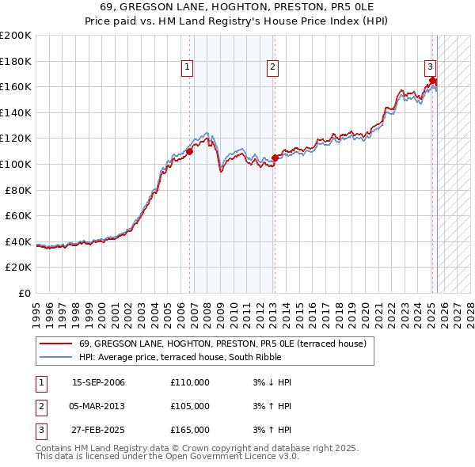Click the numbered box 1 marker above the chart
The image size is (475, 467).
coord(188,67)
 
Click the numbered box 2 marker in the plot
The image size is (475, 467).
coord(272,67)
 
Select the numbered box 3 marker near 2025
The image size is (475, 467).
coord(429,67)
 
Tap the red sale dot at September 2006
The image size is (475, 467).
coord(190,150)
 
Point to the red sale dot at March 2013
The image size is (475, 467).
coord(275,158)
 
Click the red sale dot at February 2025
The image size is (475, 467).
coord(432,80)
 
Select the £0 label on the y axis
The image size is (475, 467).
coord(25,293)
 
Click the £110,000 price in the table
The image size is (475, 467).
coord(190,382)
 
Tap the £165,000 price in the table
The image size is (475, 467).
coord(190,430)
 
